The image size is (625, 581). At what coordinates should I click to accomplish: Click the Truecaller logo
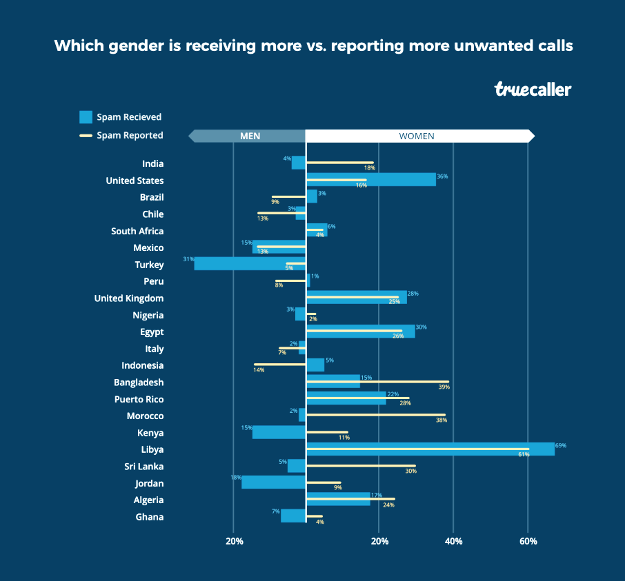coord(533,89)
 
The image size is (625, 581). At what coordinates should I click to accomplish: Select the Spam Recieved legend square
coord(86,117)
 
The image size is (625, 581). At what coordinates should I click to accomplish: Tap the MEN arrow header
coord(248,136)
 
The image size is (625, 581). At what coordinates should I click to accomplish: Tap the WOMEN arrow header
coord(417,136)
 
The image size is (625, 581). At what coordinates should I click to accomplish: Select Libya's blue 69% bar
coord(430,449)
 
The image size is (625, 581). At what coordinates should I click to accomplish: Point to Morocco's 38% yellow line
coord(375,416)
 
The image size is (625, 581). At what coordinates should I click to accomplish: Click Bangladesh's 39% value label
coord(444,387)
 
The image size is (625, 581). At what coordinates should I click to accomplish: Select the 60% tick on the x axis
coord(528,542)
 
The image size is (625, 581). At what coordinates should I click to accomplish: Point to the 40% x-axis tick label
coord(453,542)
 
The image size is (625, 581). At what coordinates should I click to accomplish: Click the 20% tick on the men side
coord(235,542)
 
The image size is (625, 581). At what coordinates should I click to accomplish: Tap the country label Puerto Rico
coord(139,399)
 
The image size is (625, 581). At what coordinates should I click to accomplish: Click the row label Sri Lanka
coord(143,467)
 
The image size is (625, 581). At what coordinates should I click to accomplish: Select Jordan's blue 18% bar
coord(273,482)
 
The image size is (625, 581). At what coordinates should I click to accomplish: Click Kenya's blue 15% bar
coord(279,432)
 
